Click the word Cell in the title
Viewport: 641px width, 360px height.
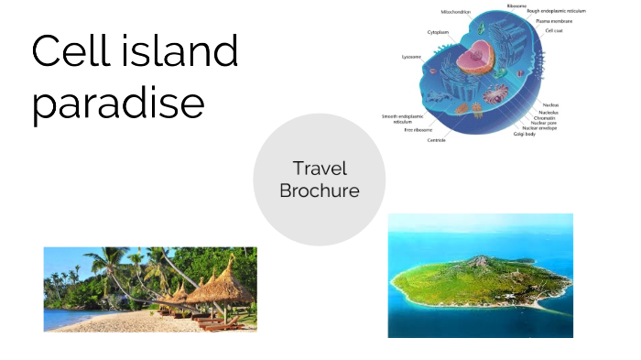coord(70,51)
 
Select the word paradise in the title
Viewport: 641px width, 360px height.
coord(118,104)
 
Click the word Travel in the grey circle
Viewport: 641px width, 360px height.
coord(320,169)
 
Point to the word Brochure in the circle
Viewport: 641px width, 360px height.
coord(320,191)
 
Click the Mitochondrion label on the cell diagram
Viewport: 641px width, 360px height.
coord(455,12)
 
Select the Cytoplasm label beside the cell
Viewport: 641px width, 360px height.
coord(437,32)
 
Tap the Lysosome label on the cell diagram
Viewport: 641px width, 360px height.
coord(412,57)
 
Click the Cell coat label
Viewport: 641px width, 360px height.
coord(554,30)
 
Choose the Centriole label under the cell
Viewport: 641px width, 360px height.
coord(436,140)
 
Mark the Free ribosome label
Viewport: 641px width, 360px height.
coord(417,130)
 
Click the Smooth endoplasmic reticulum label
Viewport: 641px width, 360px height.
coord(402,119)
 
